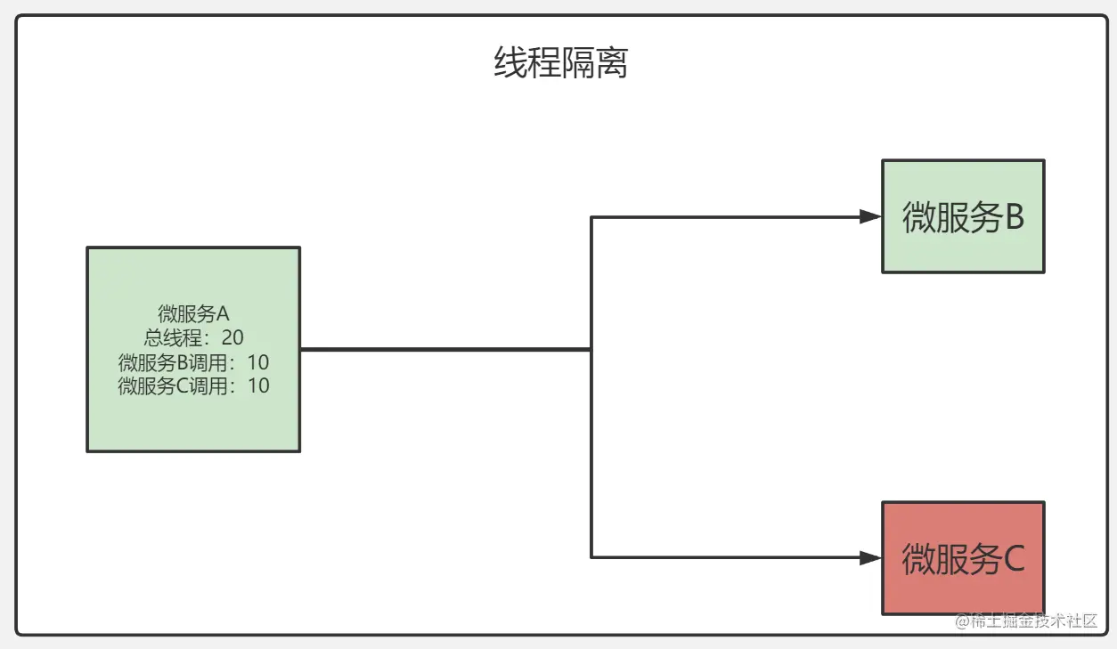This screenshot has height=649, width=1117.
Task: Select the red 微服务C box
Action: (962, 557)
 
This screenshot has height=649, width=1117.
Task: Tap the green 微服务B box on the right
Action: (962, 216)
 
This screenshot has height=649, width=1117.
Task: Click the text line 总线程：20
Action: (193, 337)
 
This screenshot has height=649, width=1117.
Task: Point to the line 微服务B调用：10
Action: (193, 362)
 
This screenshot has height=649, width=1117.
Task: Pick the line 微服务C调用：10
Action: (193, 385)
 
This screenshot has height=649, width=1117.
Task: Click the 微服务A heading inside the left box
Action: (193, 313)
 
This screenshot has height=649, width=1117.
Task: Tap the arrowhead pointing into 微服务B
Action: (869, 216)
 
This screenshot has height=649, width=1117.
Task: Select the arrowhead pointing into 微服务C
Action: (869, 558)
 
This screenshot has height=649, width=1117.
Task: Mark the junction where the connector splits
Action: (591, 350)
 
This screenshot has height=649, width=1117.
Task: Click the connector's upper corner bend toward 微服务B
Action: (591, 216)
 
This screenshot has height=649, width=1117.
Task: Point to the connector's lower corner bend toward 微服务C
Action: (591, 558)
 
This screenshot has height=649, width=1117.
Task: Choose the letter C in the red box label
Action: (1014, 559)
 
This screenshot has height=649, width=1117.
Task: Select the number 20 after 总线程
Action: (232, 337)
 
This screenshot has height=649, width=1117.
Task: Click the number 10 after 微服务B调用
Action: (257, 362)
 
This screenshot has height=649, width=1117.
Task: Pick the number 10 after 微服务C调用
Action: (257, 385)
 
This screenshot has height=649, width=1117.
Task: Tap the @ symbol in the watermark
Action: (962, 621)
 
